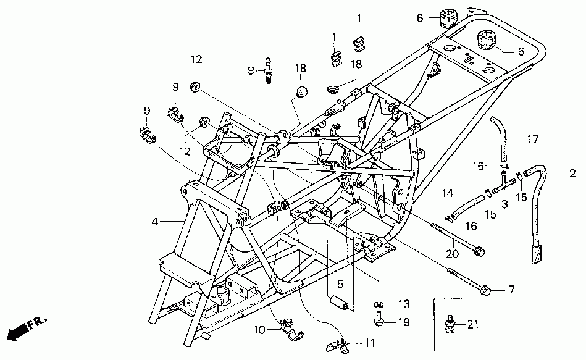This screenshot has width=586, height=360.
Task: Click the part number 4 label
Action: point(155,220)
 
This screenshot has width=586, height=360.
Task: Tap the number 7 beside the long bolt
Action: point(511,289)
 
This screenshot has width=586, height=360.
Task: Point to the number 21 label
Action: point(472,324)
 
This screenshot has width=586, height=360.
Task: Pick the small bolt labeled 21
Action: point(450,324)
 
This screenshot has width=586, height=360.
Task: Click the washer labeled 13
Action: point(377,304)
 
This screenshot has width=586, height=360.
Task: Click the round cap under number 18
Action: point(301,91)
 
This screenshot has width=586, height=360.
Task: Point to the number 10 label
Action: point(259,330)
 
